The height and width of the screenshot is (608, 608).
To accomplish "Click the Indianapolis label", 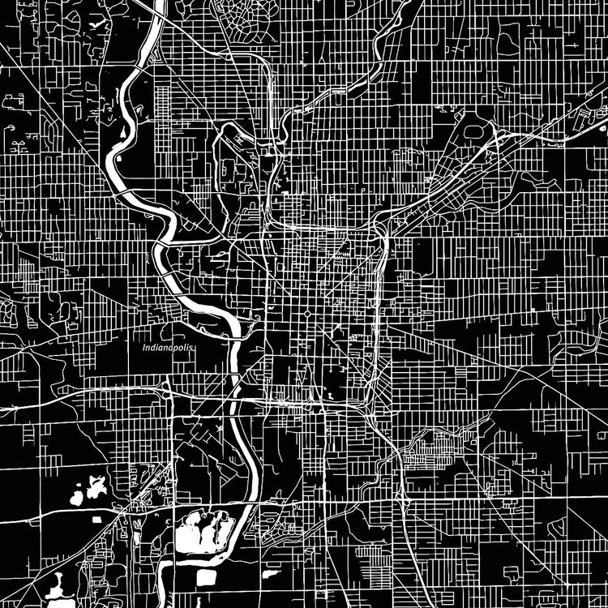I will [169, 347].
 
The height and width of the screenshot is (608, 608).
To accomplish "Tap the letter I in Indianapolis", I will [143, 348].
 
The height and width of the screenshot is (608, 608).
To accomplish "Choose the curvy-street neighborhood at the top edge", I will [243, 20].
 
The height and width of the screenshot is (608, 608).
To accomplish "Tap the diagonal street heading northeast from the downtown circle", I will [340, 276].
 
